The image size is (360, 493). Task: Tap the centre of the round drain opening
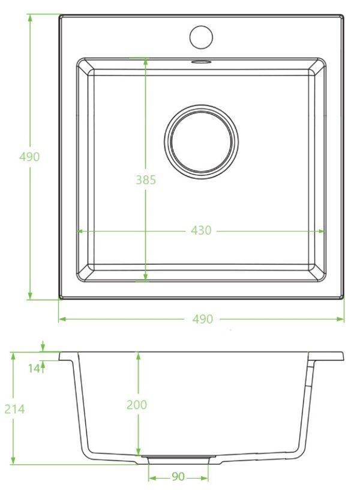pyautogui.click(x=201, y=142)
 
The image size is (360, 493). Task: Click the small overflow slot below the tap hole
pyautogui.click(x=201, y=62)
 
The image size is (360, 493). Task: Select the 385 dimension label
pyautogui.click(x=146, y=180)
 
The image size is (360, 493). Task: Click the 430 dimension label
pyautogui.click(x=201, y=231)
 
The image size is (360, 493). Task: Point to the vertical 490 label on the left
pyautogui.click(x=29, y=157)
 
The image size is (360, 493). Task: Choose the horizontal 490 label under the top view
pyautogui.click(x=203, y=319)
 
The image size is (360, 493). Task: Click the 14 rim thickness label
pyautogui.click(x=34, y=368)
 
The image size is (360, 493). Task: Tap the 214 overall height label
pyautogui.click(x=14, y=409)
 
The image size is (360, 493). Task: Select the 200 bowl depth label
pyautogui.click(x=137, y=405)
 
